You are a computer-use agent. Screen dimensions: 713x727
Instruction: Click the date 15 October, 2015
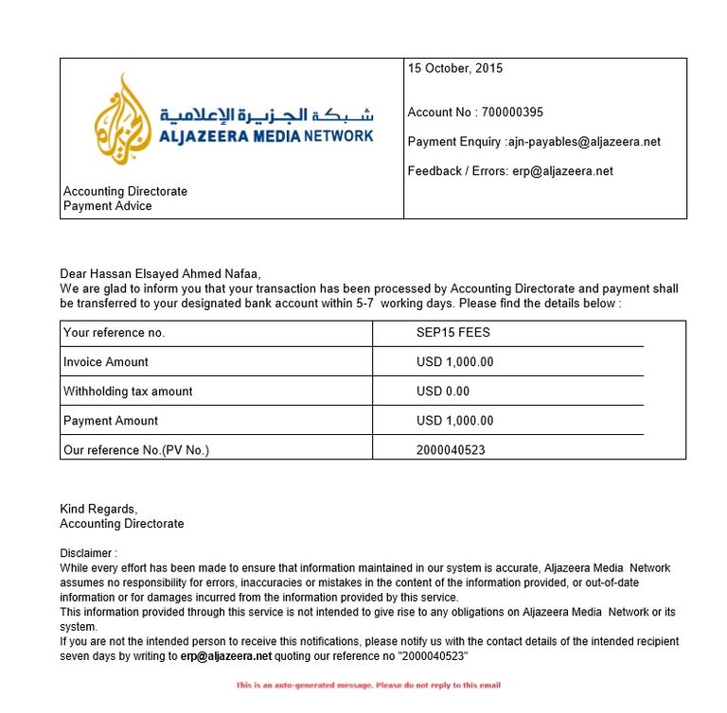455,68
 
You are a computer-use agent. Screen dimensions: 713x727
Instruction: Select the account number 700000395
512,113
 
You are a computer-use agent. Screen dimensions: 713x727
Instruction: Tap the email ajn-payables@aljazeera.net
583,142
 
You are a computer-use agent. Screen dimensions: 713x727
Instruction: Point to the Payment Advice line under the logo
108,206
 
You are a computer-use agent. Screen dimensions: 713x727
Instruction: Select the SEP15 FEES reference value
453,333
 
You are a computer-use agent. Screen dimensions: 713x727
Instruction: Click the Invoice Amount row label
106,362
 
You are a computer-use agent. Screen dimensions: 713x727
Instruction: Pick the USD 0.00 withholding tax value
443,391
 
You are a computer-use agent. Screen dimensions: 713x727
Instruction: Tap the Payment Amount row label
111,421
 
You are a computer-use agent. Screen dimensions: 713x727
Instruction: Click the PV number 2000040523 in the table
451,450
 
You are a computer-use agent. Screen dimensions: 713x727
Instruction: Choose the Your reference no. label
114,333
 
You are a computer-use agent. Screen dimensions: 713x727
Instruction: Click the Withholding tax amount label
128,391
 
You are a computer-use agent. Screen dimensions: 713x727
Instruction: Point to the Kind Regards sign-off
98,509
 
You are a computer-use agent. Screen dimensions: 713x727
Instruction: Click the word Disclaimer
88,553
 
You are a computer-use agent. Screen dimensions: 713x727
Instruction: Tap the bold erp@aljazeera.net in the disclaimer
226,655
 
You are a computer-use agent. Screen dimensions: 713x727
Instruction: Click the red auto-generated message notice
368,685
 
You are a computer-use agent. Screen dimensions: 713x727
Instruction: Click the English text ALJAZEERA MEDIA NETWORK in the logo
266,136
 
